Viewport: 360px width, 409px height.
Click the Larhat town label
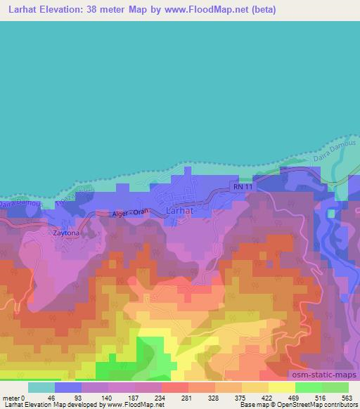pos(179,210)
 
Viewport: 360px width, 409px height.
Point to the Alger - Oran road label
pos(131,212)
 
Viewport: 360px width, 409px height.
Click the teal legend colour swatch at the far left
pos(41,387)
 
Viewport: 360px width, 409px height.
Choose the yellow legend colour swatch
pos(281,387)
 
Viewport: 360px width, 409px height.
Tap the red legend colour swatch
pos(175,387)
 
